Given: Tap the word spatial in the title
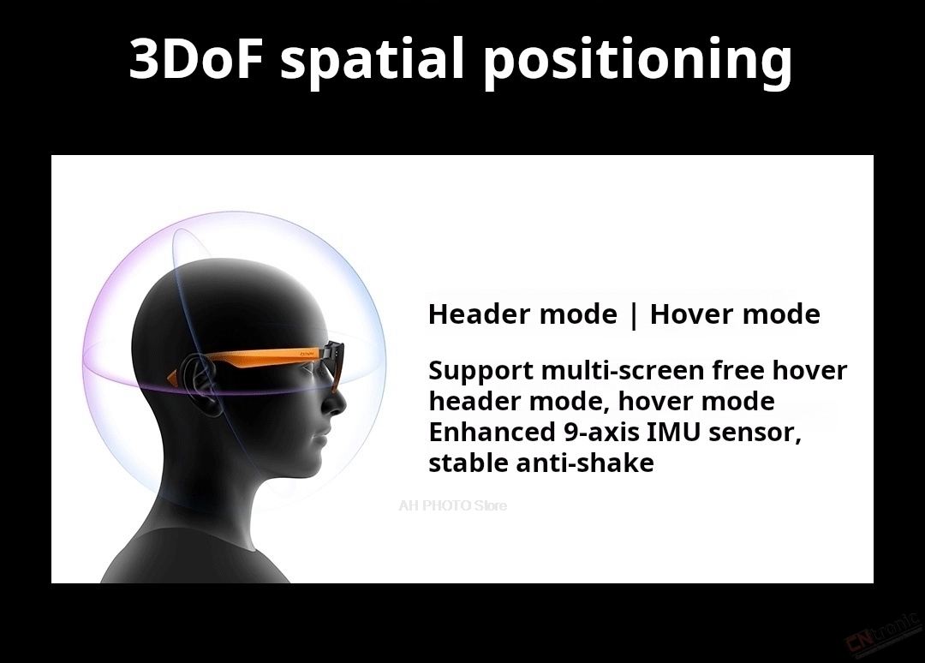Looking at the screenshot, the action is (373, 61).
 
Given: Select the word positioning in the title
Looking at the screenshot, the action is (638, 62).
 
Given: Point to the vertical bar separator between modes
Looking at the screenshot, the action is (634, 315).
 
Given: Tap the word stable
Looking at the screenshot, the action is (468, 463).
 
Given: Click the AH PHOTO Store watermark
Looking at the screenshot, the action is (452, 505).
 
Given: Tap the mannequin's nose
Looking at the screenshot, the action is (337, 401).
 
